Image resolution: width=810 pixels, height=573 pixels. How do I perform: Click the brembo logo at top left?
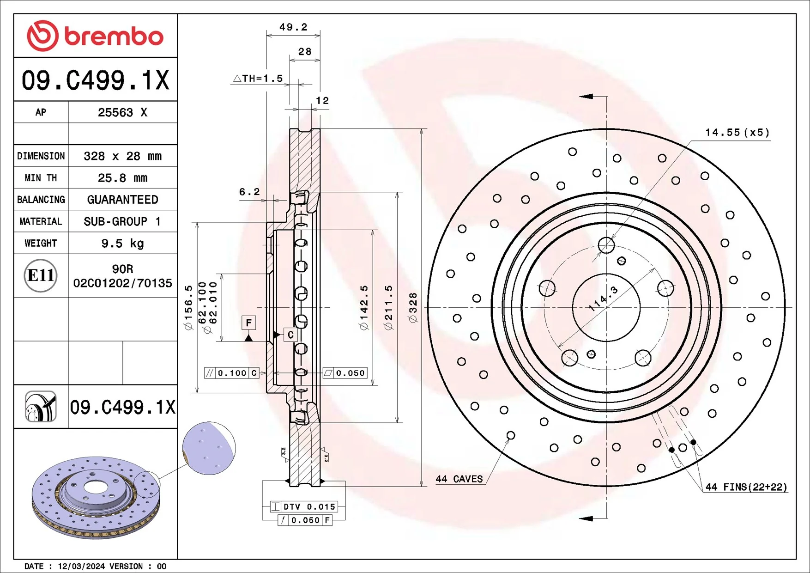click(x=95, y=36)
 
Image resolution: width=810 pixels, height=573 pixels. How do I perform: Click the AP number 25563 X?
click(x=122, y=112)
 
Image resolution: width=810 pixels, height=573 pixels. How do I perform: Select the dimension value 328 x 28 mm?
click(x=122, y=156)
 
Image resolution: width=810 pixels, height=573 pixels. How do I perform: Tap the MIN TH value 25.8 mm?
click(x=122, y=178)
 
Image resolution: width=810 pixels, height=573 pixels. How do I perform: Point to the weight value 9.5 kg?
click(x=122, y=243)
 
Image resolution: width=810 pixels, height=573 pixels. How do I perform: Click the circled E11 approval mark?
click(x=41, y=275)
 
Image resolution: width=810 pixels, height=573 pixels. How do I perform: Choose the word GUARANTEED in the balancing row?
click(x=122, y=200)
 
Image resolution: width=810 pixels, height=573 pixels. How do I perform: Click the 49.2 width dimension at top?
click(x=293, y=27)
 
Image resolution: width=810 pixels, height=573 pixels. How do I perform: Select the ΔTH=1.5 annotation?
click(x=258, y=79)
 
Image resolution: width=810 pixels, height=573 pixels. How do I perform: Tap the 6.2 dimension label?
click(x=249, y=192)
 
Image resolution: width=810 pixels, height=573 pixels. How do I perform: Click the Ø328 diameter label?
click(x=413, y=307)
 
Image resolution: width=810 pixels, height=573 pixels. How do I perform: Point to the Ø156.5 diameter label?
click(x=188, y=307)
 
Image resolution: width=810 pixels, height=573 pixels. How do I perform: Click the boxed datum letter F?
click(x=248, y=323)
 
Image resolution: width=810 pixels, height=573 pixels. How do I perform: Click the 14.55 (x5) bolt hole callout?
click(x=737, y=133)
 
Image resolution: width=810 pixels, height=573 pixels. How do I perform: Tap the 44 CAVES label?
click(x=459, y=479)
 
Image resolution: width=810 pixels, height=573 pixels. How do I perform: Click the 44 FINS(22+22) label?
click(x=746, y=487)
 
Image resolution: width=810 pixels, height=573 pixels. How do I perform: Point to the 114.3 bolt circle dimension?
click(x=603, y=299)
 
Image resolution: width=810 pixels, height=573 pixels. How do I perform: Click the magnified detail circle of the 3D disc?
click(x=209, y=448)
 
